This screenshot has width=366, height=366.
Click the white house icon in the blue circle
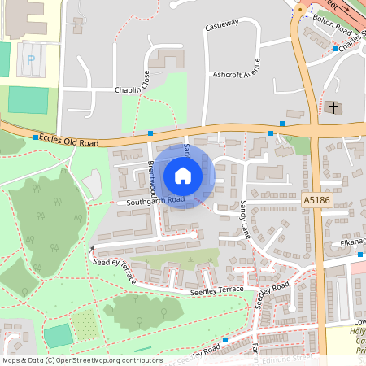[x=183, y=175]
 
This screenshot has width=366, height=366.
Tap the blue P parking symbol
[x=31, y=59]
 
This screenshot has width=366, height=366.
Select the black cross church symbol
[x=334, y=107]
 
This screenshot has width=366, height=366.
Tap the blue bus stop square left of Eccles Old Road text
[x=35, y=137]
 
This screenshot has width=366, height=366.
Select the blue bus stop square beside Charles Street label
[x=334, y=49]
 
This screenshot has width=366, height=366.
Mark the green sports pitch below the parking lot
[x=28, y=100]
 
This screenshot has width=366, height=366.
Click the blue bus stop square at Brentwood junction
[x=150, y=133]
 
